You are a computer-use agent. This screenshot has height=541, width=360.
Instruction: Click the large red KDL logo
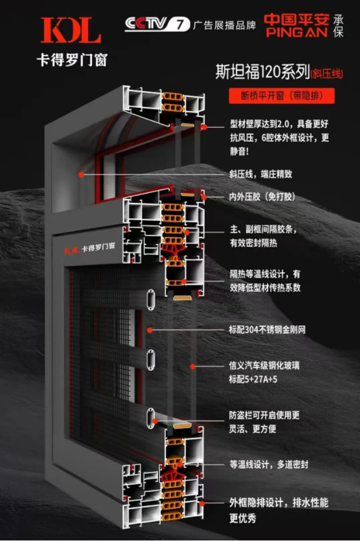71,30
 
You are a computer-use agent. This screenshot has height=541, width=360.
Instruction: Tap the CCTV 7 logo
157,24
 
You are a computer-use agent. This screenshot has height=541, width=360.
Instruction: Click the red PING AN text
296,32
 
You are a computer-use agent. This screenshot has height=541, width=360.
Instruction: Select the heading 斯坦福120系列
263,72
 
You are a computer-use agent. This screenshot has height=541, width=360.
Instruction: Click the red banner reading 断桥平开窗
282,95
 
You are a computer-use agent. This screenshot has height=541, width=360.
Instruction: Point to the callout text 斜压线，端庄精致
261,174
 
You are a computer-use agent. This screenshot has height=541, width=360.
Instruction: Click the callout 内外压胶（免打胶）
262,197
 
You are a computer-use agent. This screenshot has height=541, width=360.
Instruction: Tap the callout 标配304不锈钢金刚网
267,330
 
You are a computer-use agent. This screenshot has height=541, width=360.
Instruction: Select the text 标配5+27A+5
253,379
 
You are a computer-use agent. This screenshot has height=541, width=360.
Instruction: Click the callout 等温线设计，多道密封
269,465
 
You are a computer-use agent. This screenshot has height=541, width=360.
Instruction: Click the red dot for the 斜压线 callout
81,175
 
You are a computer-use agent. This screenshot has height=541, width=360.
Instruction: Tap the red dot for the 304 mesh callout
150,330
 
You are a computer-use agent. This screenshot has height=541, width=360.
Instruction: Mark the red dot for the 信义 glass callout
193,366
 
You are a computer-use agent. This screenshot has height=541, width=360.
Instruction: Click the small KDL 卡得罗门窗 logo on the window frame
89,248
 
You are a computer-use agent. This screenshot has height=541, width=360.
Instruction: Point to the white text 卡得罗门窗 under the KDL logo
72,60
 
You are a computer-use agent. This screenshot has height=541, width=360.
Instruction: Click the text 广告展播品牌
225,25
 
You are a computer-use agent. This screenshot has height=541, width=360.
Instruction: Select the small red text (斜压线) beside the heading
327,74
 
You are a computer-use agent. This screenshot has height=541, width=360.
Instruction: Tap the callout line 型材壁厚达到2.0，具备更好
279,124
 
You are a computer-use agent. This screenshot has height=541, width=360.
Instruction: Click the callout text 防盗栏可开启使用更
264,415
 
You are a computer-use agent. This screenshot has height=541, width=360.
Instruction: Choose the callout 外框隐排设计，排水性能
279,503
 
